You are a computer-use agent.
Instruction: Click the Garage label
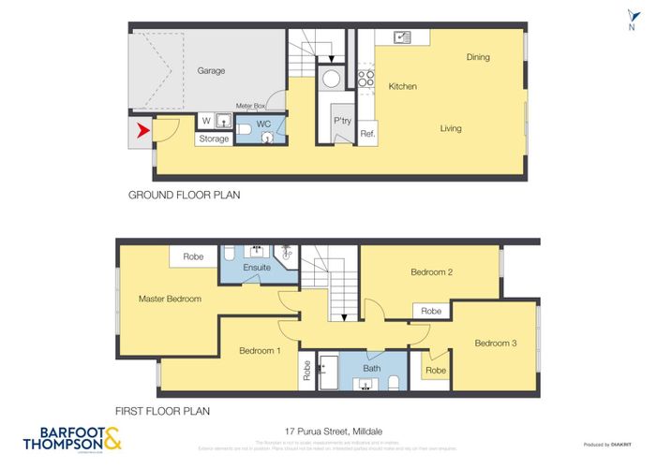click(211, 70)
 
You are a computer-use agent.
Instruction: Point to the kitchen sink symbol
click(402, 37)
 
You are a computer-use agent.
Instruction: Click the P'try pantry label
click(341, 121)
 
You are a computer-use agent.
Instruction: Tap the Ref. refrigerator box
click(367, 133)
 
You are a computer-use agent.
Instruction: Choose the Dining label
click(478, 57)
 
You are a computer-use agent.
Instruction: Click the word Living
click(451, 128)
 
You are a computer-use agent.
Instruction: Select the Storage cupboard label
click(214, 139)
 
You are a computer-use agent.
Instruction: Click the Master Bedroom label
click(170, 299)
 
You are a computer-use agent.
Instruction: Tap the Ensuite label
click(257, 268)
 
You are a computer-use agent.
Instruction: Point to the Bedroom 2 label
click(432, 272)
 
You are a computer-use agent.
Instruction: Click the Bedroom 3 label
click(496, 343)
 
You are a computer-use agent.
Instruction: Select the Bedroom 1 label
click(260, 350)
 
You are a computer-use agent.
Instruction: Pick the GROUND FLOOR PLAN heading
click(185, 196)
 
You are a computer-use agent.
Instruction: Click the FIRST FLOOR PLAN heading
click(161, 410)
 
